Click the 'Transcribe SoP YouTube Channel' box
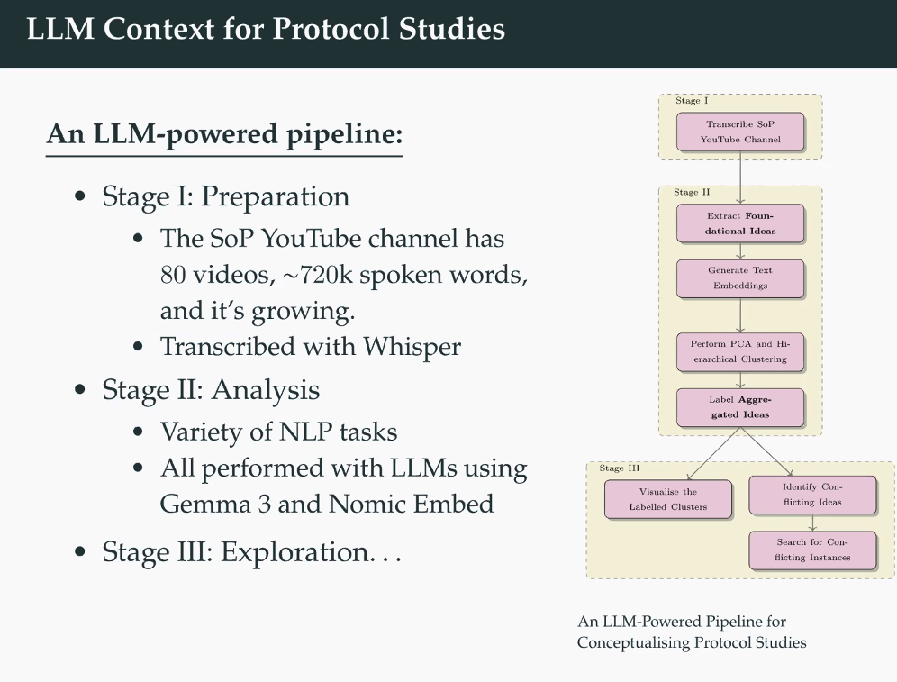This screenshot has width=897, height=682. [740, 132]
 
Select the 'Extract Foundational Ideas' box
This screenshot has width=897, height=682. [740, 223]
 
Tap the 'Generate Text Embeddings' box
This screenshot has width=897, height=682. [740, 277]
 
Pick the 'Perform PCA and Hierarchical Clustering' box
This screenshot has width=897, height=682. [740, 351]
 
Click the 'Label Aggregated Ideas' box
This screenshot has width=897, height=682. [740, 407]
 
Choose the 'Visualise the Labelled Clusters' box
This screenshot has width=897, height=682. [668, 499]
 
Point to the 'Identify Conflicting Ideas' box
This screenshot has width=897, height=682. [812, 494]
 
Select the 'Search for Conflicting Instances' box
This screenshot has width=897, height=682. [812, 550]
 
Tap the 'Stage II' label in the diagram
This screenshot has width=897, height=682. [692, 193]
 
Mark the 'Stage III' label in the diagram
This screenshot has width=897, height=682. [619, 468]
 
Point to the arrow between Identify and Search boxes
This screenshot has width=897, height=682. [812, 523]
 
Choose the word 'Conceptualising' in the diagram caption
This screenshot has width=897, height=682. [631, 642]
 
